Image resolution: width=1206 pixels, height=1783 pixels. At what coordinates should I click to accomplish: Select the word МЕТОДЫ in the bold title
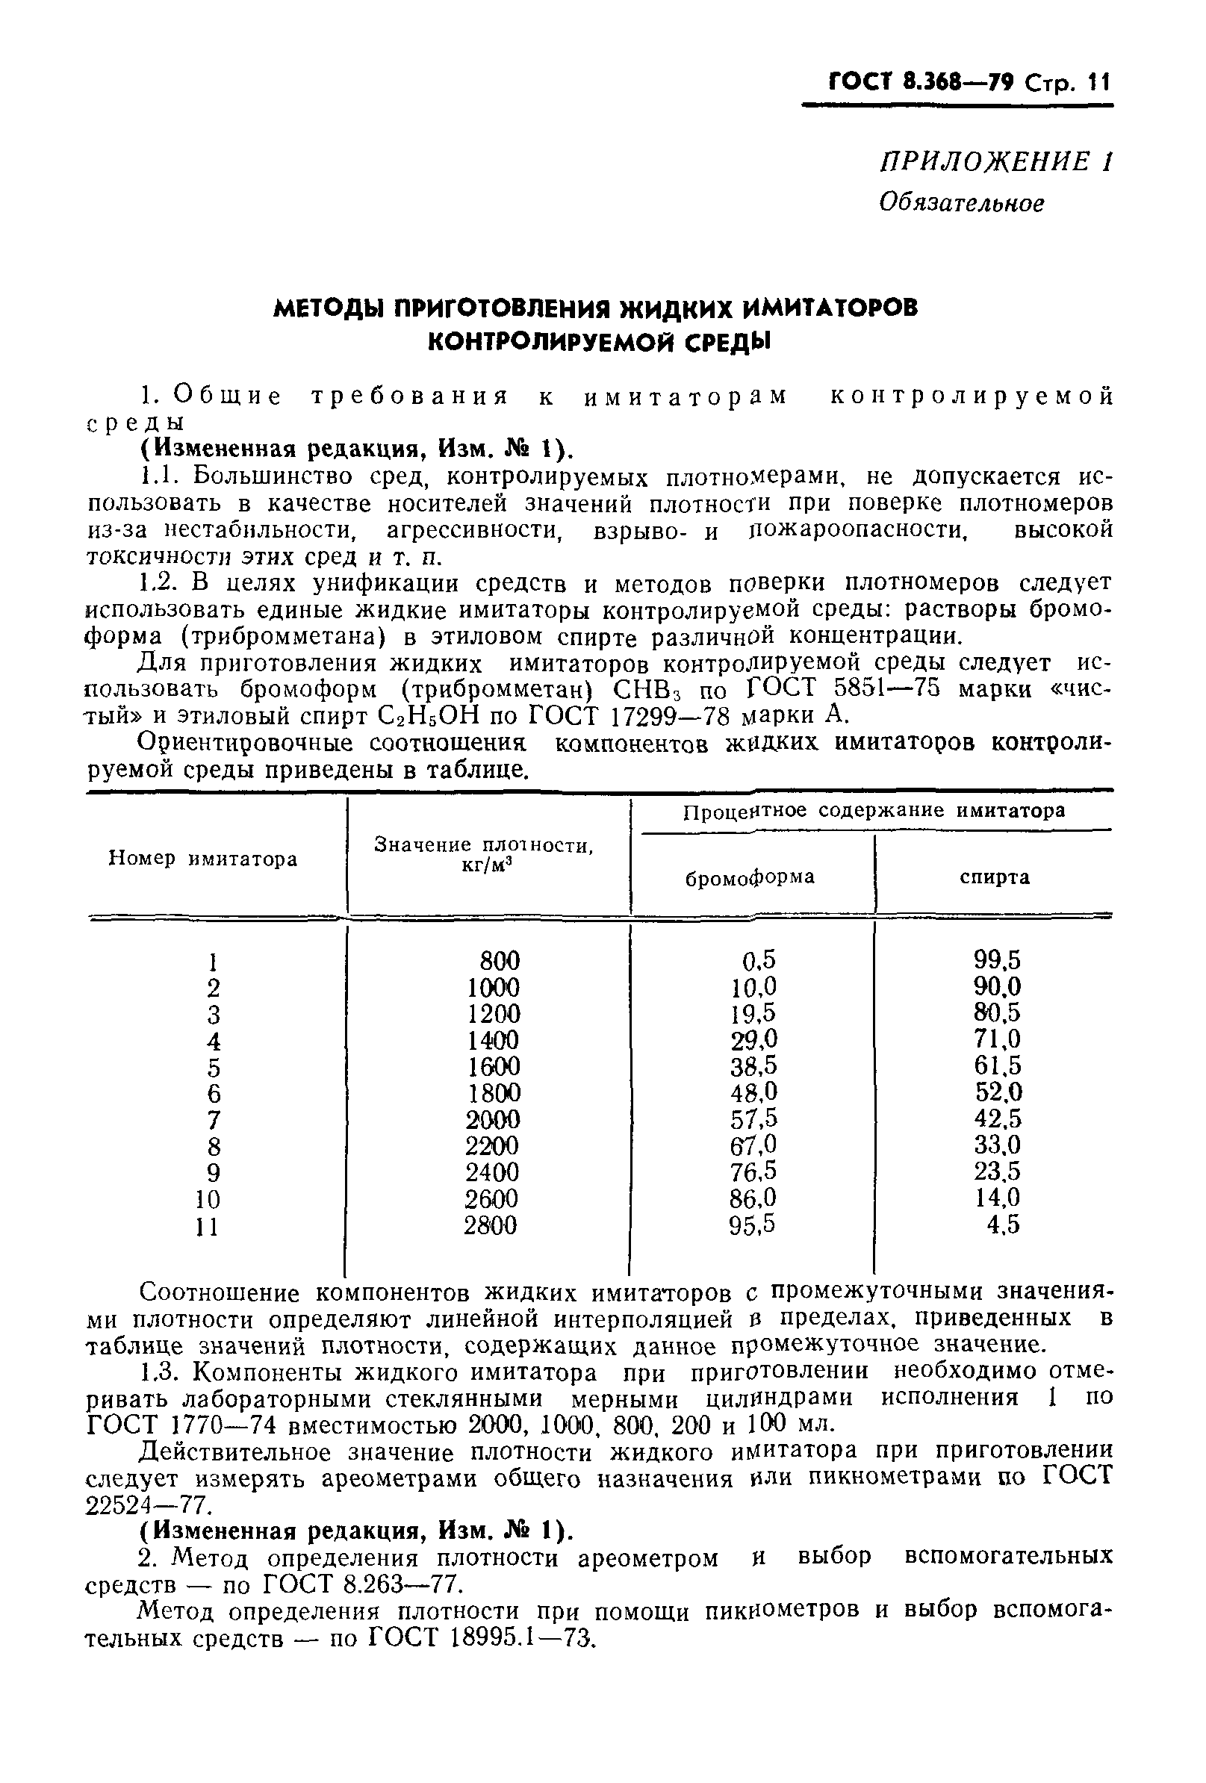332,308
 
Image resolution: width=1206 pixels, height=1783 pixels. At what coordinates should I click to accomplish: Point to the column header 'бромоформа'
750,876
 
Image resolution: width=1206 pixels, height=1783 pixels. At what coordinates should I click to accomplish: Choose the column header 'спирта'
994,876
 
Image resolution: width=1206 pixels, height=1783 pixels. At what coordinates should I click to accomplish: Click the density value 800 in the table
500,960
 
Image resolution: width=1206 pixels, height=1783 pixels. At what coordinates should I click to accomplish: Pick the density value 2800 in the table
491,1225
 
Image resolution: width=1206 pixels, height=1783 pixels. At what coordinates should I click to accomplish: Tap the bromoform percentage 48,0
753,1092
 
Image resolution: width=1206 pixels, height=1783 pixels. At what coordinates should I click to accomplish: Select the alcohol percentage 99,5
998,959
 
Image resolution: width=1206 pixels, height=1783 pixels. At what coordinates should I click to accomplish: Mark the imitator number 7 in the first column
214,1120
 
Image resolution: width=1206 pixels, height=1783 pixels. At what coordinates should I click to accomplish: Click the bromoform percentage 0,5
759,959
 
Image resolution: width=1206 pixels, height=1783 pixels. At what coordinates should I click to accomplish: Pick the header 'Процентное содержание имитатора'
873,811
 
